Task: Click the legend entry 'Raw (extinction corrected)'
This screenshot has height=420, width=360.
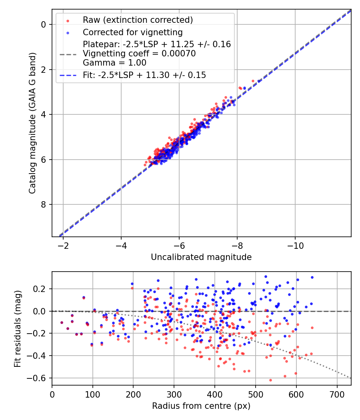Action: coord(138,20)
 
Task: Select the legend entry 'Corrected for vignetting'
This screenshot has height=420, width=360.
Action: coord(132,32)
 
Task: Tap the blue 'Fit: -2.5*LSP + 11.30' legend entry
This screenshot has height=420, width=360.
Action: coord(144,75)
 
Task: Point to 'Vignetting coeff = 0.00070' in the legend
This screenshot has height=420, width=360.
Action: coord(139,54)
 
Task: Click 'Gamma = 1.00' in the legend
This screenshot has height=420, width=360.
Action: coord(114,63)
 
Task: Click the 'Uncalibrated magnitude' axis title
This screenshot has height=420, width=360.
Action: coord(201,257)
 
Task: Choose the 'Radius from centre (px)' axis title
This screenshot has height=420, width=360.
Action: coord(201,406)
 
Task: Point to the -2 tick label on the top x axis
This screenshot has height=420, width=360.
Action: coord(63,245)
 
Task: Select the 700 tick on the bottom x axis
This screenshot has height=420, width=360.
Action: coord(337,394)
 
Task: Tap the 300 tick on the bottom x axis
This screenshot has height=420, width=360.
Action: coord(174,394)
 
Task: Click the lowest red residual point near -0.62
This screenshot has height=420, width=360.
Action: coord(270,380)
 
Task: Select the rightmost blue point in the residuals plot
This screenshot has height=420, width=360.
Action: coord(312,277)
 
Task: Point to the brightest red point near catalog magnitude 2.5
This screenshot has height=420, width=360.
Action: coord(253,81)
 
